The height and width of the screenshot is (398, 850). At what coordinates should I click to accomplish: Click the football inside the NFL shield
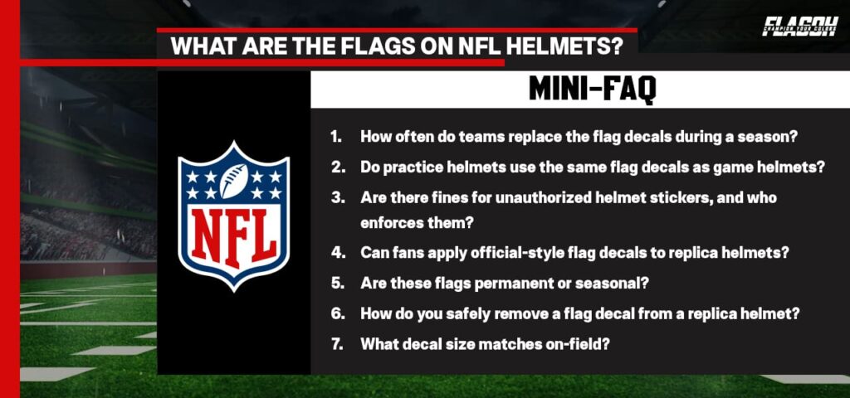tap(233, 180)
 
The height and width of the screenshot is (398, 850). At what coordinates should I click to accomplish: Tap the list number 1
tap(335, 137)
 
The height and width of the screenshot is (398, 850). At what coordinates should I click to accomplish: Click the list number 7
tap(336, 342)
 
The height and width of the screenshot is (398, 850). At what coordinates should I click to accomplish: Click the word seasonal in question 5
tap(605, 283)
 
